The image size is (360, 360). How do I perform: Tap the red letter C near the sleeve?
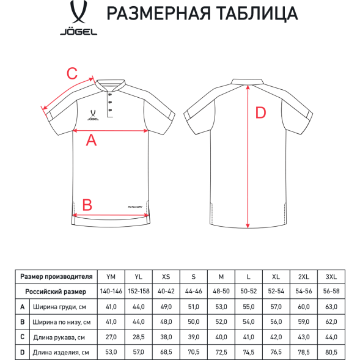[72, 74]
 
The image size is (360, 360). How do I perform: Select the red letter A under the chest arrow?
[91, 140]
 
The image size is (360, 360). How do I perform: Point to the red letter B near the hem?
[87, 204]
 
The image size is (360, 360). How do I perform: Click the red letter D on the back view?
[260, 112]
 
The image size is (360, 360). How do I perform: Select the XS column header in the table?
[165, 276]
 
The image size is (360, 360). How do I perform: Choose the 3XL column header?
[330, 276]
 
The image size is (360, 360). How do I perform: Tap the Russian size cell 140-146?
[111, 292]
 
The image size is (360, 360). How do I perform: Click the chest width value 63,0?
[330, 307]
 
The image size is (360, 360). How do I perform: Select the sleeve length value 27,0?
[111, 337]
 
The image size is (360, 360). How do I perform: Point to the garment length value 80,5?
[330, 351]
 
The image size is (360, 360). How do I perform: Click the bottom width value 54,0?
[248, 321]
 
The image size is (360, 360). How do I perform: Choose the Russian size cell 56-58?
[330, 292]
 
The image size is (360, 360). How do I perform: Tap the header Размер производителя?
[56, 276]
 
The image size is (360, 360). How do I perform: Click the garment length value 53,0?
[111, 351]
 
